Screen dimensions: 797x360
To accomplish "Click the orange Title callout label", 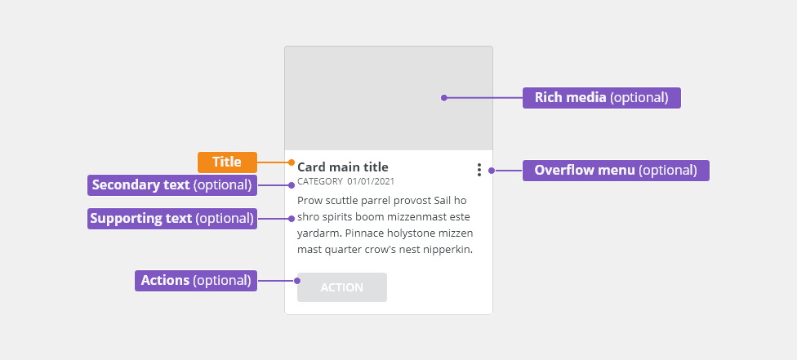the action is (x=227, y=162).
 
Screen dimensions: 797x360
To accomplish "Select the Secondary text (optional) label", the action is (x=172, y=185).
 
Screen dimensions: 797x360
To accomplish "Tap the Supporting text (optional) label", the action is (x=172, y=219).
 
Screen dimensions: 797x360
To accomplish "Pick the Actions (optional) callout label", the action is (x=196, y=281).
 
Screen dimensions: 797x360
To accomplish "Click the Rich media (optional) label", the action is (x=601, y=98).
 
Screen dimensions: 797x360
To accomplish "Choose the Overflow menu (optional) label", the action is (x=616, y=171).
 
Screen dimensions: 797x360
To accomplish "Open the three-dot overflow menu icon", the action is (x=479, y=170).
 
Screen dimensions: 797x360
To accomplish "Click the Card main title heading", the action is (x=343, y=167).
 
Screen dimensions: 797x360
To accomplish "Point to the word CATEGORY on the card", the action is (x=320, y=181).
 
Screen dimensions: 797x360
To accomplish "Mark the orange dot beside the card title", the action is (x=292, y=162).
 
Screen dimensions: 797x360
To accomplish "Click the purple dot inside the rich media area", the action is (x=443, y=98).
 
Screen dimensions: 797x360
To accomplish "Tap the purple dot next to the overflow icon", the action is (x=492, y=171).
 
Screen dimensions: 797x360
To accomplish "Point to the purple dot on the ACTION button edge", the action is (x=297, y=281).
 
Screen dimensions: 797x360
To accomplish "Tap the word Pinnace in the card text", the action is (x=366, y=233).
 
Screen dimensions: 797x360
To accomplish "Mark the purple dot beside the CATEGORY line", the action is (x=292, y=185).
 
